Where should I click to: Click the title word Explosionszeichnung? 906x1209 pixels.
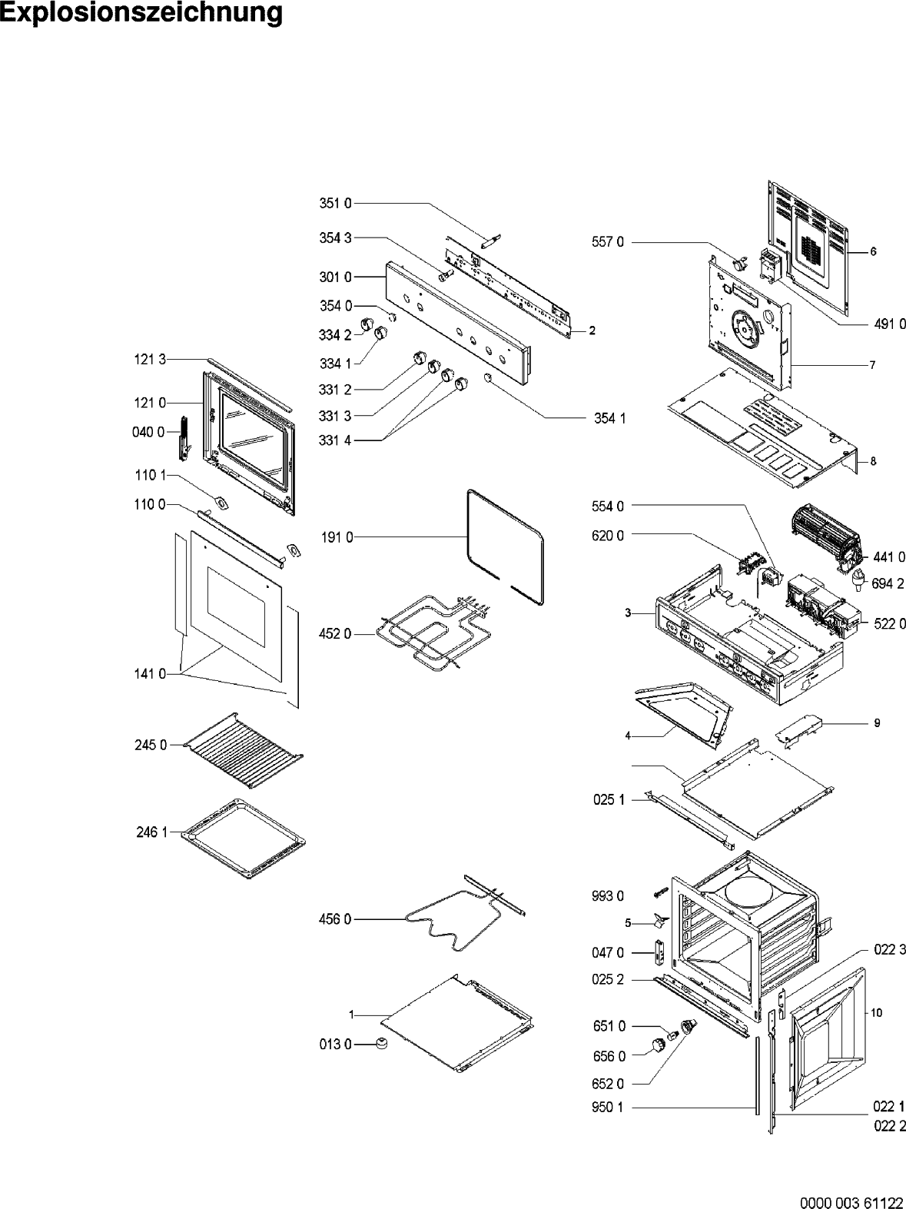[x=141, y=13]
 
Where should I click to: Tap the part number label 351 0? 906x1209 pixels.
[x=335, y=204]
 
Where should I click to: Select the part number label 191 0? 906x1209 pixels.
[x=337, y=538]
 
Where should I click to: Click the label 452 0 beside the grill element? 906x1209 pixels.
[x=335, y=634]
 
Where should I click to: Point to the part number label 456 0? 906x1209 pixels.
[x=335, y=918]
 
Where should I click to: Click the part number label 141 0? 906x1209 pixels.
[x=151, y=674]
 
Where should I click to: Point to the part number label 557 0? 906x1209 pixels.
[x=608, y=243]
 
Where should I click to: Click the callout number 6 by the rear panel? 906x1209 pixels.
[x=874, y=251]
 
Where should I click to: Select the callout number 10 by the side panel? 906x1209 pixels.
[x=876, y=1013]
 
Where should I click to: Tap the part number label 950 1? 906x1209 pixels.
[x=608, y=1108]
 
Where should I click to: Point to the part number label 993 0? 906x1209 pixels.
[x=608, y=895]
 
